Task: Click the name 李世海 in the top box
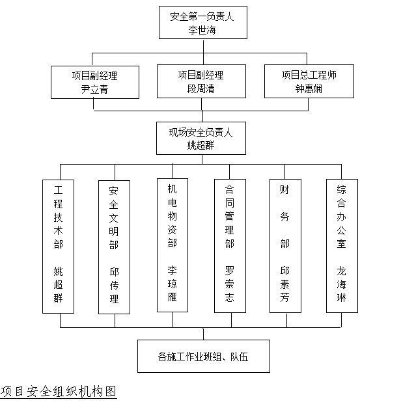pyautogui.click(x=202, y=30)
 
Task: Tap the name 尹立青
pyautogui.click(x=94, y=88)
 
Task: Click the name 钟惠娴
pyautogui.click(x=309, y=88)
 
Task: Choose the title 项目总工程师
pyautogui.click(x=309, y=75)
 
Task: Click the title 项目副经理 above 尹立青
pyautogui.click(x=94, y=75)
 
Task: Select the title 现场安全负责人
pyautogui.click(x=200, y=132)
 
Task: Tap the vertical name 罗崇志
pyautogui.click(x=229, y=283)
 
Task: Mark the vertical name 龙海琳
pyautogui.click(x=342, y=283)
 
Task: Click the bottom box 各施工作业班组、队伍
pyautogui.click(x=204, y=356)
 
